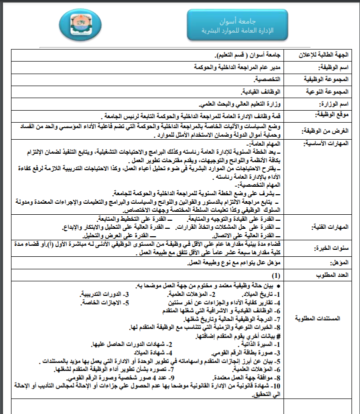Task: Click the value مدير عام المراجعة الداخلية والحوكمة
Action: [x=237, y=67]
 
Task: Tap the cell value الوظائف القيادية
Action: [x=261, y=92]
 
